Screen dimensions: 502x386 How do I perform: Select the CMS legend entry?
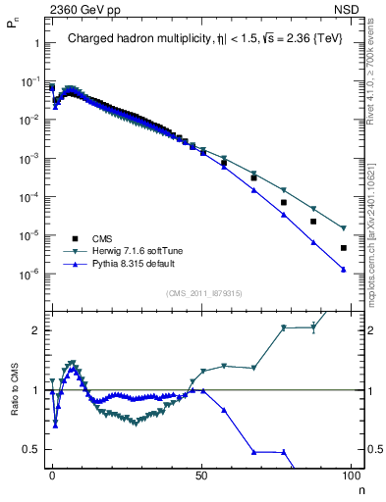[x=103, y=238]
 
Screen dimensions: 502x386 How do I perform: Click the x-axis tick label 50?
[x=201, y=474]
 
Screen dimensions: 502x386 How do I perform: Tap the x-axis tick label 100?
[x=349, y=474]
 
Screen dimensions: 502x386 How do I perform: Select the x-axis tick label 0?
[x=52, y=474]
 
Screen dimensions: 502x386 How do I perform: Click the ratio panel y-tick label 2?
[x=35, y=330]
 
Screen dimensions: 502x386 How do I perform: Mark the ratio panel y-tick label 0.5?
[x=31, y=449]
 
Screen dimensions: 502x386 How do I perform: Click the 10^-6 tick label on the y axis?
[x=29, y=274]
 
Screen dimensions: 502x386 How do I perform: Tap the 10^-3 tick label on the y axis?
[x=29, y=158]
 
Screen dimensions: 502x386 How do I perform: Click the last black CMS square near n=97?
[x=343, y=248]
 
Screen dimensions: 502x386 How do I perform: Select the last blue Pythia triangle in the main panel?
[x=343, y=269]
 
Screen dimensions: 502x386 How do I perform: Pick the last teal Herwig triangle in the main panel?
[x=343, y=228]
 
